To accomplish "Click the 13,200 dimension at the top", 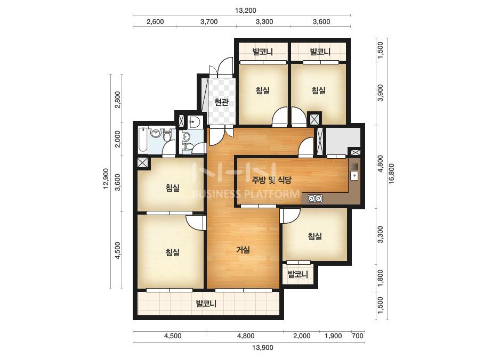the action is (245, 10).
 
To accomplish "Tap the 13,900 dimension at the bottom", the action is (263, 347).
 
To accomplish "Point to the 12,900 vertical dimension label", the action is (106, 179).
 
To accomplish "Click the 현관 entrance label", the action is (222, 102).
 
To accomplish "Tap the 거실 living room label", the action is (243, 250).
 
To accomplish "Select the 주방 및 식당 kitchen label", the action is (271, 179).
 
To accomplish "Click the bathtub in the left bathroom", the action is (143, 140).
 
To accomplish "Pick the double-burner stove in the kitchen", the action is (314, 199).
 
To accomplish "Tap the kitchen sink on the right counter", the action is (354, 175).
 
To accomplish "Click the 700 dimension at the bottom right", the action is (358, 336).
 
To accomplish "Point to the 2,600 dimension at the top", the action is (155, 22).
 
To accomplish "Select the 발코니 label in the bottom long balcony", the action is (206, 304).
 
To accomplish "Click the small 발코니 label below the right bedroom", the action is (298, 274).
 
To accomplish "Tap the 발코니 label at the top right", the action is (320, 52).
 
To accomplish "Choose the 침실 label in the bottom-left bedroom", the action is (173, 252).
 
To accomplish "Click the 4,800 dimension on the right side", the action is (380, 163).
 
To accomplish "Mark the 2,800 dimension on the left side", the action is (118, 100).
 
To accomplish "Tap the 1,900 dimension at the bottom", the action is (333, 336).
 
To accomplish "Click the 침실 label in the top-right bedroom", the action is (318, 91).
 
